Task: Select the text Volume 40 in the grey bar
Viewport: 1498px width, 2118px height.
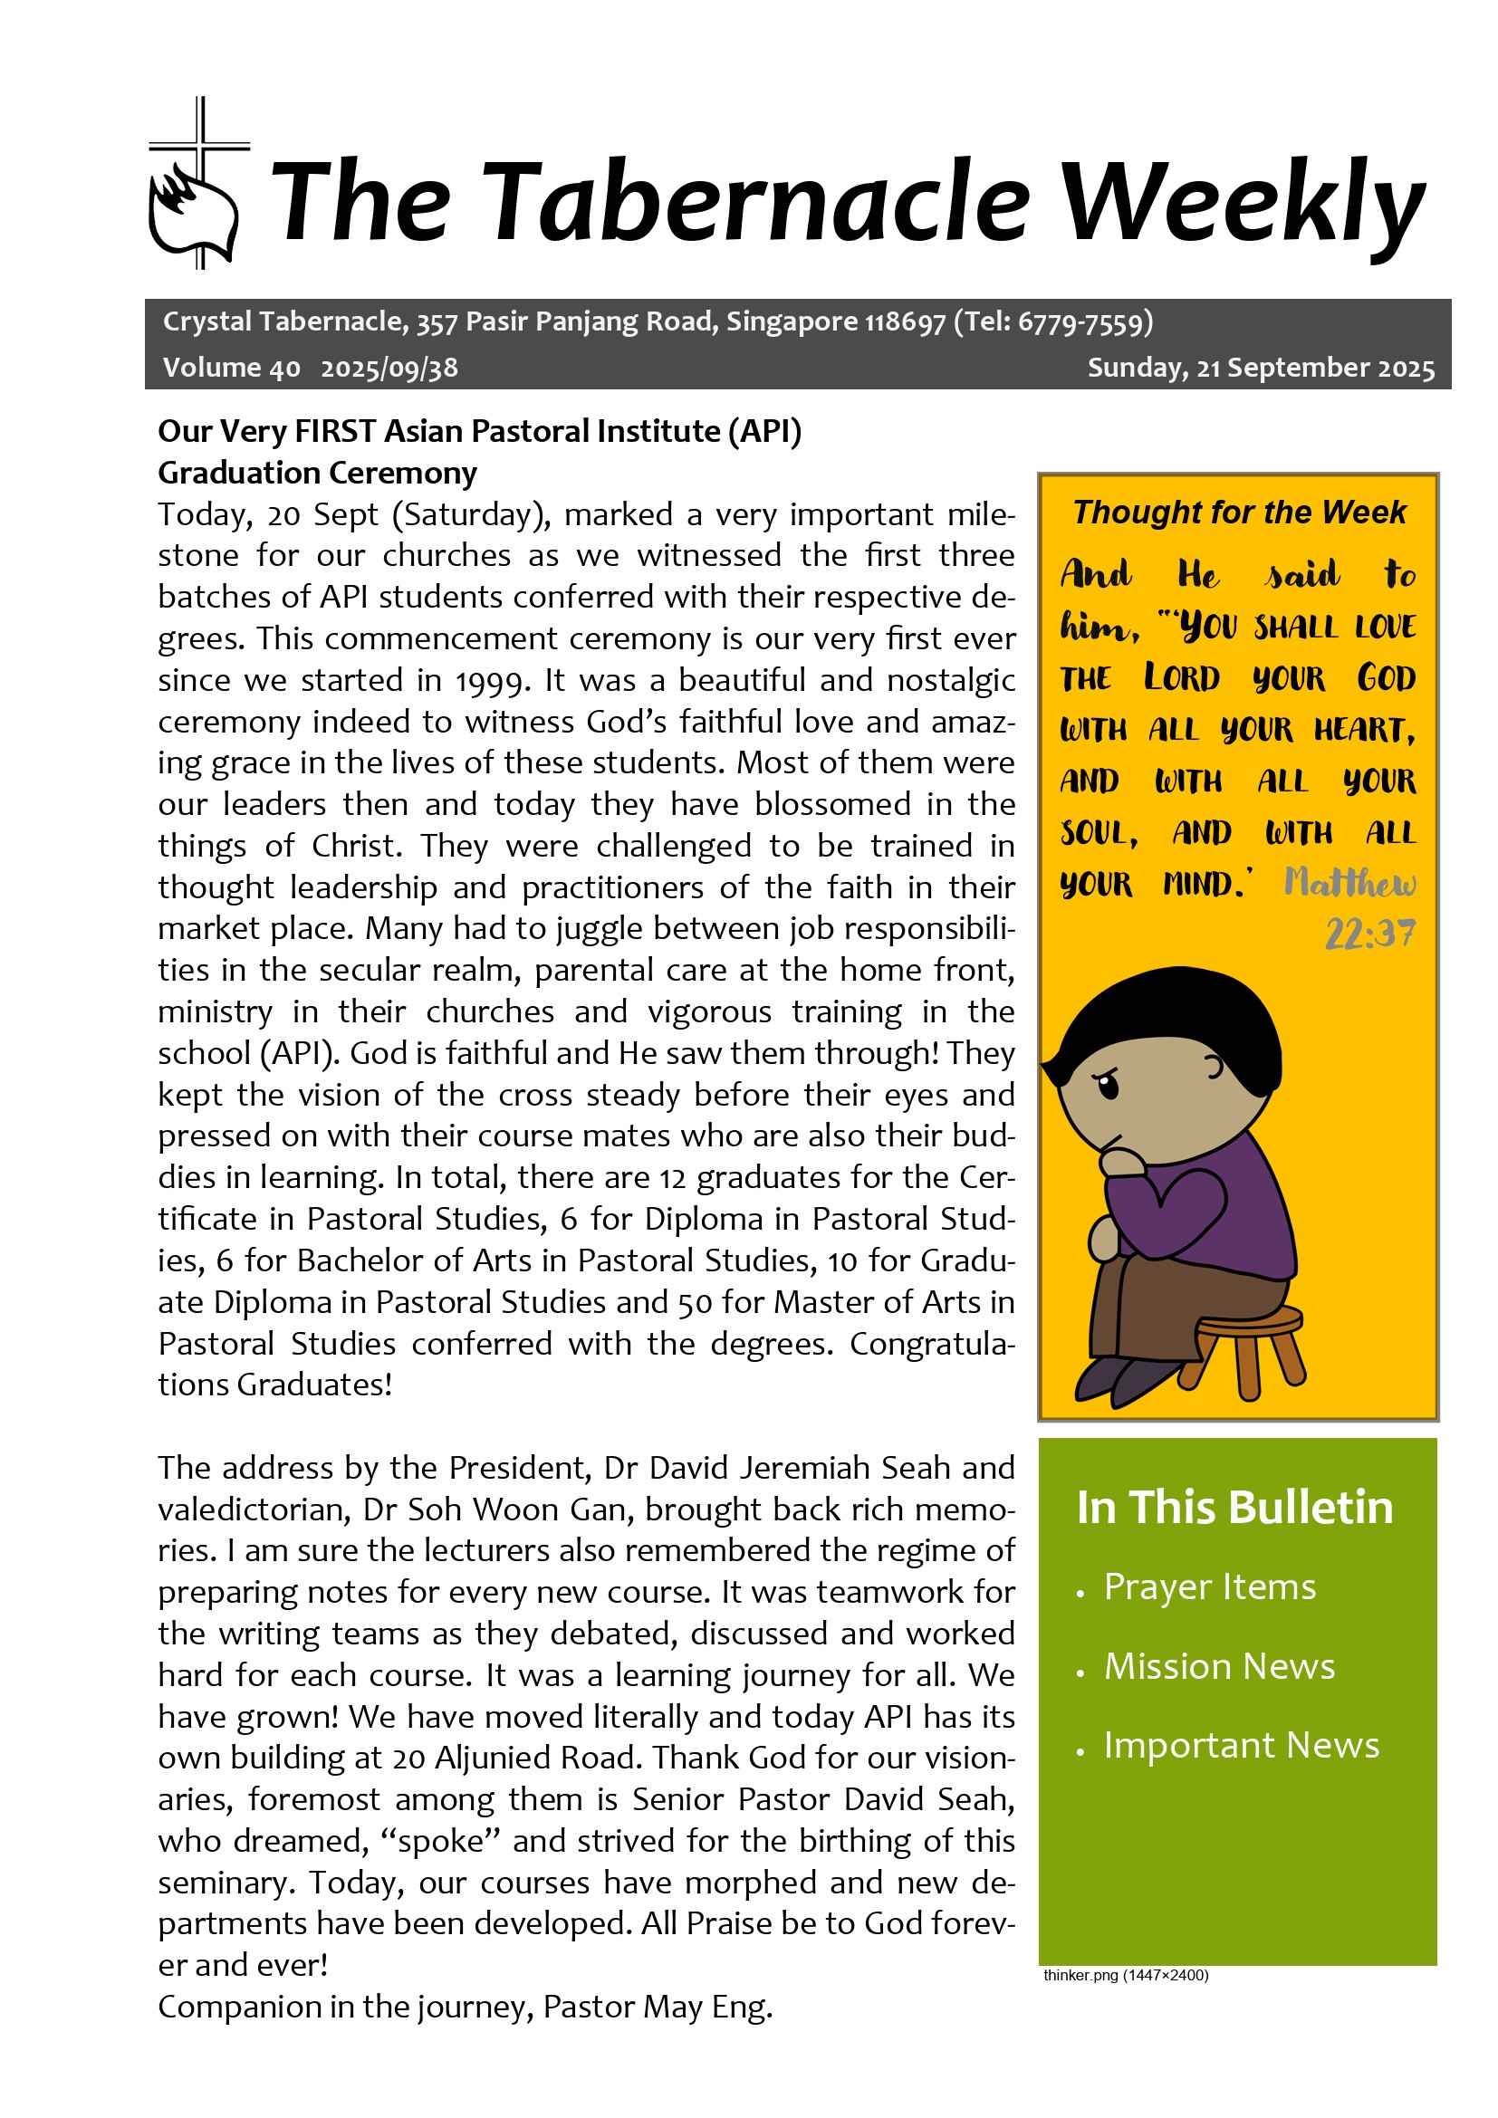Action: tap(232, 368)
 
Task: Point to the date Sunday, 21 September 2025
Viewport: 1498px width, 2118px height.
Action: tap(1260, 368)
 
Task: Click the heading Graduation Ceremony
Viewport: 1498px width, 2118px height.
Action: tap(317, 473)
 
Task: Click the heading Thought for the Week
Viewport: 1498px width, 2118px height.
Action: tap(1239, 512)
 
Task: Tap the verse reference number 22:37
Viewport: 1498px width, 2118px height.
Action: tap(1369, 934)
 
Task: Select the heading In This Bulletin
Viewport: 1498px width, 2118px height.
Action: tap(1234, 1509)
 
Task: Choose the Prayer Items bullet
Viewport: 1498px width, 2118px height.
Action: tap(1209, 1587)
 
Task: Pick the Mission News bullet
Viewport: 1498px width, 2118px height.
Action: tap(1218, 1667)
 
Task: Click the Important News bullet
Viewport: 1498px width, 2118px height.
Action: tap(1241, 1745)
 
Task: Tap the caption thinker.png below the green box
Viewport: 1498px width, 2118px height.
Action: tap(1126, 1975)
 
